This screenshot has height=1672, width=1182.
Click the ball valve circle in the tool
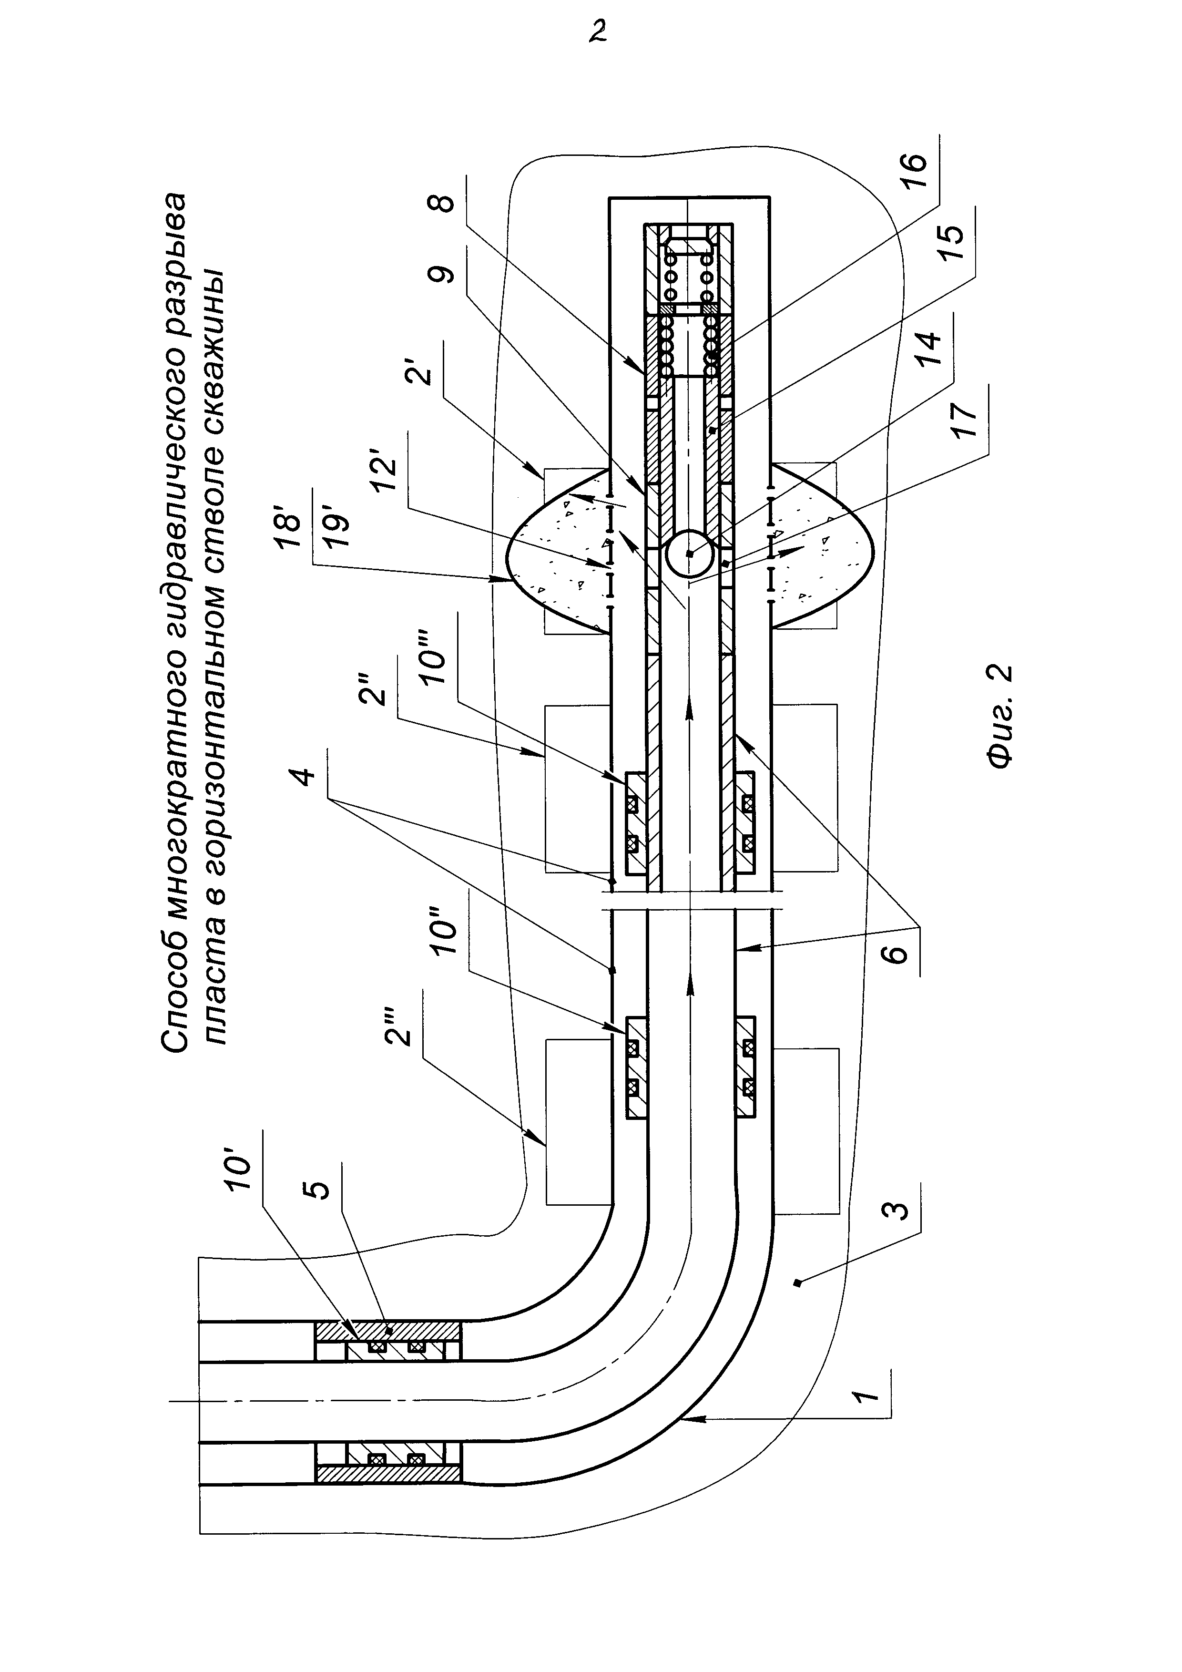689,554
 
